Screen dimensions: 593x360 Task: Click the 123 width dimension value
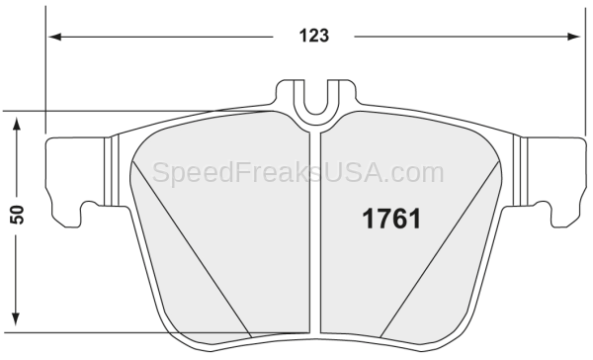[314, 36]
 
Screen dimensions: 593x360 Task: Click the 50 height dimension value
[18, 215]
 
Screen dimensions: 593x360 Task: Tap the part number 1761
[391, 219]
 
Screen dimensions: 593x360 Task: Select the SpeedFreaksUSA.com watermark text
[298, 173]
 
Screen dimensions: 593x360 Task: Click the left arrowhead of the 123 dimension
[54, 37]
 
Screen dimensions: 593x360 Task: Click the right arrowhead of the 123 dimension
[573, 37]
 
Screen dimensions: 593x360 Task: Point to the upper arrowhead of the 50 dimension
[16, 124]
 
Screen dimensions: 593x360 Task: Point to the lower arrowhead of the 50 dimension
[16, 319]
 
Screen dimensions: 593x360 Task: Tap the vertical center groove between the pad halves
[315, 232]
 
